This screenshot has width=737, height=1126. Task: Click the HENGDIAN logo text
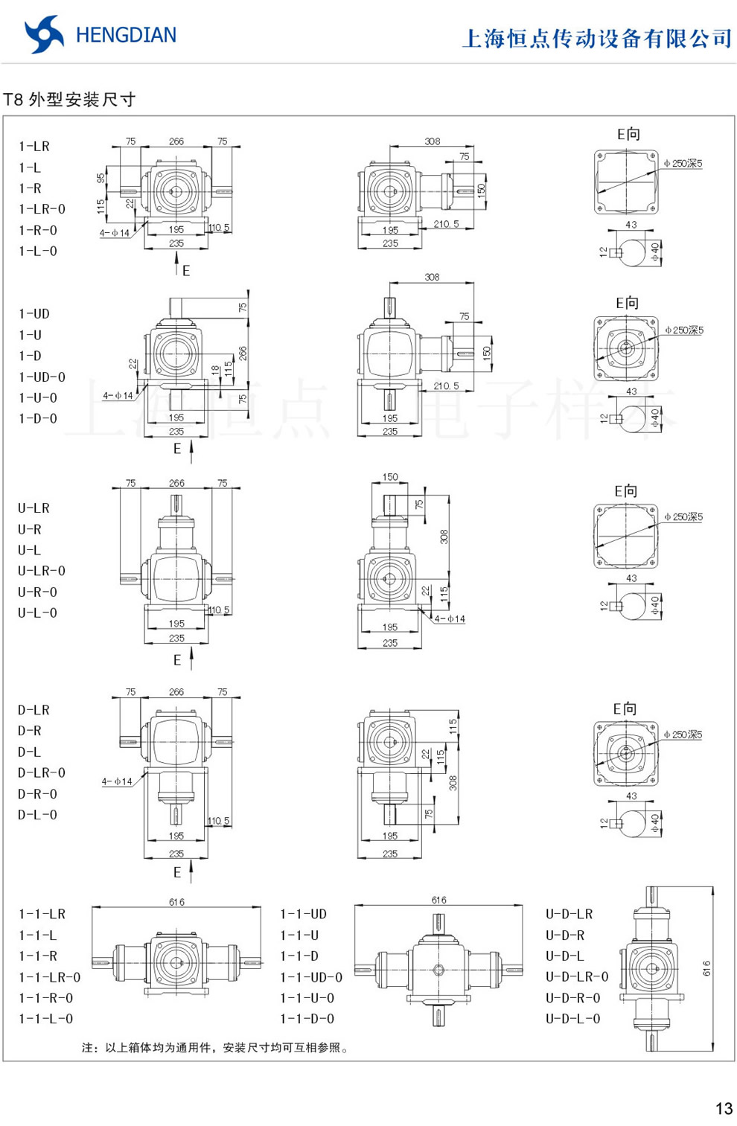(x=126, y=35)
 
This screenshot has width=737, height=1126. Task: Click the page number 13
(x=724, y=1108)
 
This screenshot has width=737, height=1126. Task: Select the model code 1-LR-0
(x=42, y=210)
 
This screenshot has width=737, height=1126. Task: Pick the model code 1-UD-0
(x=42, y=377)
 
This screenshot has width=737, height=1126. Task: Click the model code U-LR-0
(x=42, y=572)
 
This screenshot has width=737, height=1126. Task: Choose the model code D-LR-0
(x=42, y=773)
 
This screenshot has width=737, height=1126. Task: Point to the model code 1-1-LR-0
(x=49, y=977)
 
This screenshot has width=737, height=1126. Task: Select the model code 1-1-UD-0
(x=311, y=977)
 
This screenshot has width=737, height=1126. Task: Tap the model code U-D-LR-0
(x=577, y=977)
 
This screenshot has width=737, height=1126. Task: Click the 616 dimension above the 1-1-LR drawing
(x=176, y=902)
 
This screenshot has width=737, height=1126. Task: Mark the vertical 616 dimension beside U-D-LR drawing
(x=706, y=968)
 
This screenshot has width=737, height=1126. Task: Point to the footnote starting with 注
(x=216, y=1048)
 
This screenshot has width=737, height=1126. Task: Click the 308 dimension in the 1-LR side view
(x=432, y=141)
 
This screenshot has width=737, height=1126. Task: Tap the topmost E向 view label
(x=628, y=134)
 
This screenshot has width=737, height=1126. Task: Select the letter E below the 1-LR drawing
(x=186, y=271)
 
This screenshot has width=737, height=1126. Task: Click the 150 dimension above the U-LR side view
(x=390, y=477)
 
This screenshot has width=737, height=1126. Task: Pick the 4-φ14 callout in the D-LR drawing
(x=117, y=781)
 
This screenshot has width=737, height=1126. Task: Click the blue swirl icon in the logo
(x=44, y=34)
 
